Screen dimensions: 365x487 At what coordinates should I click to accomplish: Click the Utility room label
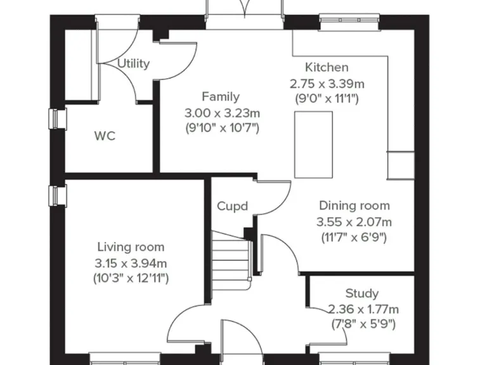click(x=134, y=63)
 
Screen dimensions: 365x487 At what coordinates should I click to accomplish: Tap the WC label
click(x=105, y=136)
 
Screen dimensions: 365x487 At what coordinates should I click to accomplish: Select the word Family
click(x=221, y=97)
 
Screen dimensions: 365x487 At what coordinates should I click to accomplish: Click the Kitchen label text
click(x=327, y=67)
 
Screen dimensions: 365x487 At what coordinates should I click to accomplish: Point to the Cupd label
click(x=232, y=206)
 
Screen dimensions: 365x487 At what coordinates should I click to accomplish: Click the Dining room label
click(x=354, y=206)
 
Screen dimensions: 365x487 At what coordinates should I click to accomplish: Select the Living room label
click(x=131, y=247)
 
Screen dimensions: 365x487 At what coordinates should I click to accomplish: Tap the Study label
click(x=362, y=293)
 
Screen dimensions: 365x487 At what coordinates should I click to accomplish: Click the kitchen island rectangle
click(x=313, y=144)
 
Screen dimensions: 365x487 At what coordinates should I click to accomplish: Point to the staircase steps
click(x=231, y=253)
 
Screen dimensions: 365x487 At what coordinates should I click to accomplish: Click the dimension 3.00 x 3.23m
click(x=222, y=113)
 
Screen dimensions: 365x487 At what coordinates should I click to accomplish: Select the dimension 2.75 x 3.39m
click(x=327, y=83)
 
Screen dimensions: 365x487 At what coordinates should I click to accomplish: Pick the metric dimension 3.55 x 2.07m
click(x=354, y=222)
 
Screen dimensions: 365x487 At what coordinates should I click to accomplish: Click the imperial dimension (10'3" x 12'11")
click(x=131, y=278)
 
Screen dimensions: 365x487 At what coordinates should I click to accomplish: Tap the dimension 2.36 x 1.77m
click(x=363, y=309)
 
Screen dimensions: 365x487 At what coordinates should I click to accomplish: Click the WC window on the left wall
click(x=58, y=119)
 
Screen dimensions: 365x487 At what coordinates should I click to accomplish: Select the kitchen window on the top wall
click(x=349, y=22)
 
